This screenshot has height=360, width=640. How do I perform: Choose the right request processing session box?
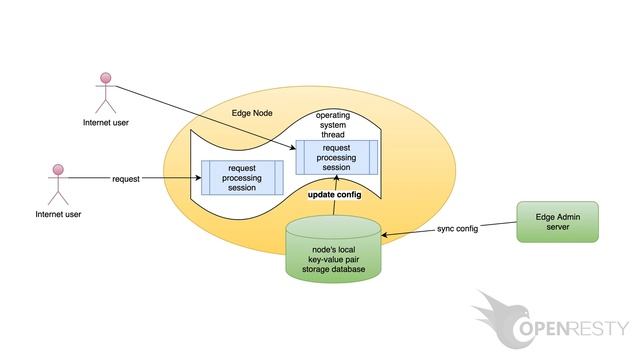pyautogui.click(x=337, y=157)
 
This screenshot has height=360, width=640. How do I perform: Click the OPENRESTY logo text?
pyautogui.click(x=575, y=329)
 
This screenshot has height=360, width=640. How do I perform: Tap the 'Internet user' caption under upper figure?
pyautogui.click(x=105, y=123)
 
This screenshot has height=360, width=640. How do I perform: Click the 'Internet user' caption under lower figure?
pyautogui.click(x=58, y=214)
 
